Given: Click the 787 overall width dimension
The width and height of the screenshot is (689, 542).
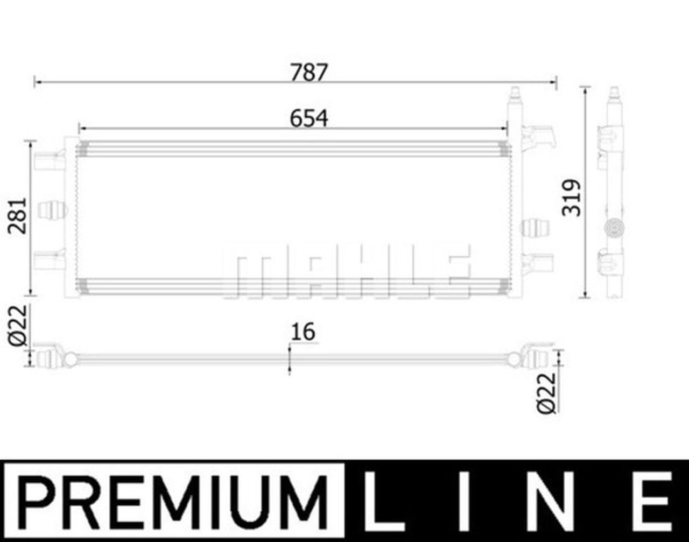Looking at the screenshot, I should pos(308,72).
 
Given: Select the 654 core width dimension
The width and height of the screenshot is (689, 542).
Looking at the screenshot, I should pos(308,118).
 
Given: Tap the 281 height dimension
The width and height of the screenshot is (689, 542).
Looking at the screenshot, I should pos(18,215).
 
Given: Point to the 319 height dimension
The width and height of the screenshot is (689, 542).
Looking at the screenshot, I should pos(572,198).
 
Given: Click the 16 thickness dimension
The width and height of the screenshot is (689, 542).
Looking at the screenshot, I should pos(303,332).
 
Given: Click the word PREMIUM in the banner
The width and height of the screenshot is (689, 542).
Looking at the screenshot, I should pos(173,501).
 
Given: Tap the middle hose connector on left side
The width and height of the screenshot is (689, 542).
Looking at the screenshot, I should pos(52,209).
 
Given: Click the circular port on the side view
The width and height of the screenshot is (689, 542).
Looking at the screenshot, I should pos(613,229).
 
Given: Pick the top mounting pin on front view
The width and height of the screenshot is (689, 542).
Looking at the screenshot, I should pos(515,97).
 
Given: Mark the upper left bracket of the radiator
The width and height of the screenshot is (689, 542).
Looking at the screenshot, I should pos(50,160).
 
